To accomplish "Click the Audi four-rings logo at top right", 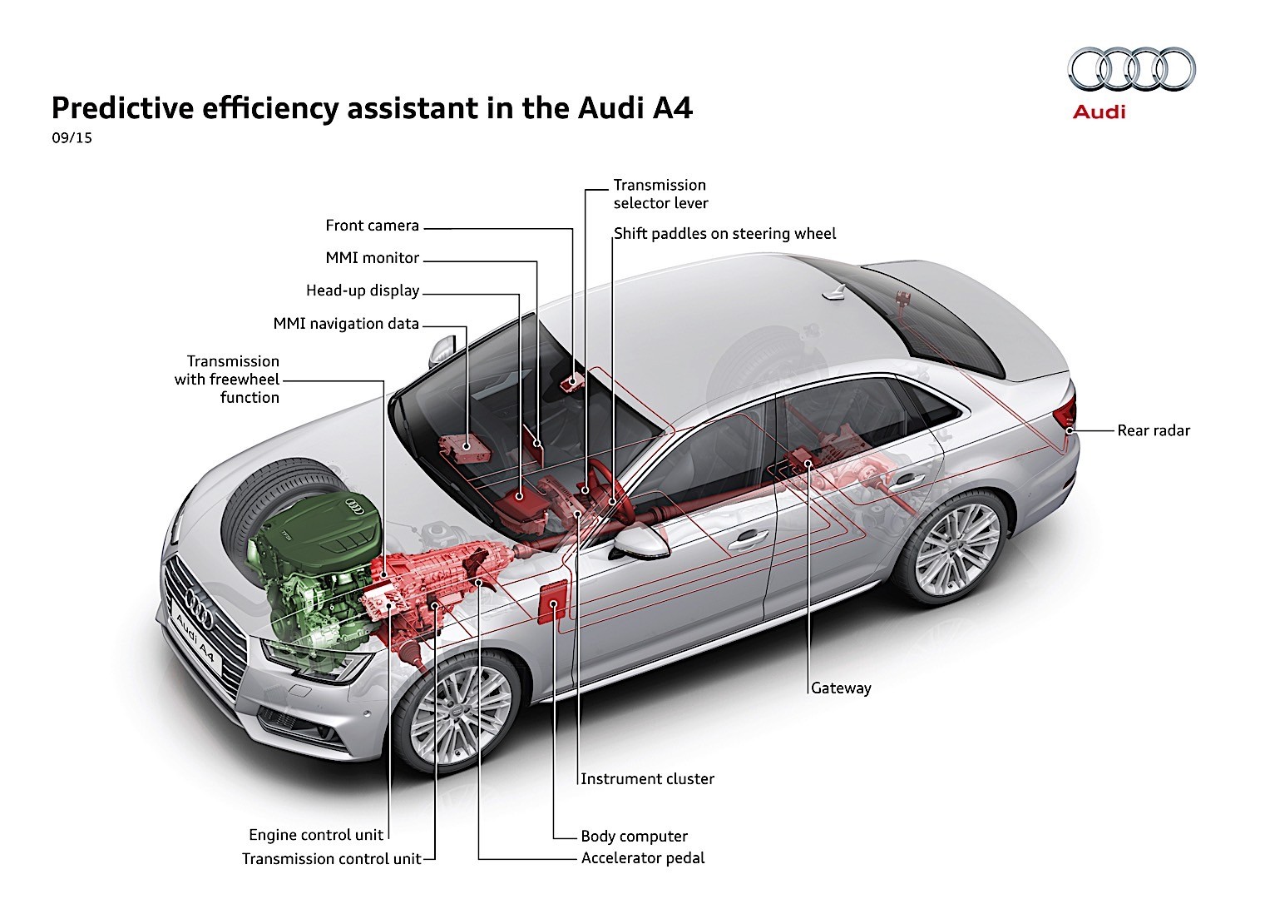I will [x=1131, y=69].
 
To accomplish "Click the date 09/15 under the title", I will [x=72, y=138].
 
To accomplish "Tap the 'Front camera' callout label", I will [x=372, y=226].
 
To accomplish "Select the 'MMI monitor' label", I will [x=372, y=258].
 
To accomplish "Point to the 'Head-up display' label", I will [x=362, y=291].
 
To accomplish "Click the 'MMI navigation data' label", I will [x=346, y=324].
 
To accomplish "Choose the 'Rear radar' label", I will [x=1153, y=430].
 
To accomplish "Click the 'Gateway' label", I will [x=841, y=688].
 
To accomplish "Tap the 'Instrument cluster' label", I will [x=647, y=779].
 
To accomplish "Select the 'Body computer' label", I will [x=634, y=837].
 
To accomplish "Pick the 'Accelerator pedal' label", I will [x=642, y=858].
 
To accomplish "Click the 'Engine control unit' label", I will [x=316, y=835].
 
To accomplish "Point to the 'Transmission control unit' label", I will [x=331, y=859].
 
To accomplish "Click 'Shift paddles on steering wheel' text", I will [x=724, y=234].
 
